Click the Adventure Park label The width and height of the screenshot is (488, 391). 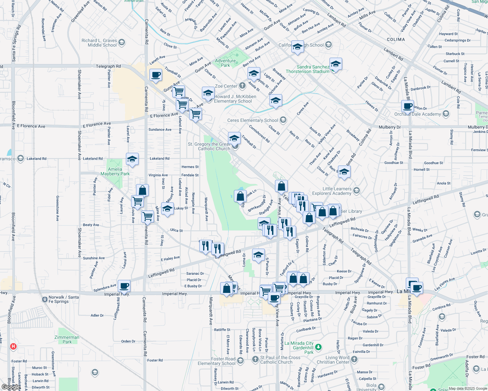[225, 63]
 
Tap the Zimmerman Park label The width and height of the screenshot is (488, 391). [67, 340]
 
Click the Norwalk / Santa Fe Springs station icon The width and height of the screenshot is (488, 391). [45, 299]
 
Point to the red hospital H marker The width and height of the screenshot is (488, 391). [13, 346]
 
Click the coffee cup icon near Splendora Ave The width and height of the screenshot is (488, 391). [124, 286]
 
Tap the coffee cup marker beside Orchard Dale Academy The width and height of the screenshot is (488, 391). [407, 106]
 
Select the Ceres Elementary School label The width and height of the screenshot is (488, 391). [252, 121]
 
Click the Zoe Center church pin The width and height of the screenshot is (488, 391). [242, 86]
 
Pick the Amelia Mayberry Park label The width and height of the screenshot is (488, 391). [115, 171]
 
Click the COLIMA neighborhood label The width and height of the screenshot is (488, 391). [396, 39]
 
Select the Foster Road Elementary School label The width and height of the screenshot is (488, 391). [217, 361]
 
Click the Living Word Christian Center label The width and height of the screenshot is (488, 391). [333, 360]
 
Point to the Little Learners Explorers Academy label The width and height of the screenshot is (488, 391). [332, 191]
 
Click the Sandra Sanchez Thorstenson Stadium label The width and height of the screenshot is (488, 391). [308, 69]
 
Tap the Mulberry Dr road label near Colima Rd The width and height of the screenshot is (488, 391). [389, 127]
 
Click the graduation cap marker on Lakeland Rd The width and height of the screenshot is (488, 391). [132, 159]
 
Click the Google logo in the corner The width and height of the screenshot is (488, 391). [10, 387]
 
